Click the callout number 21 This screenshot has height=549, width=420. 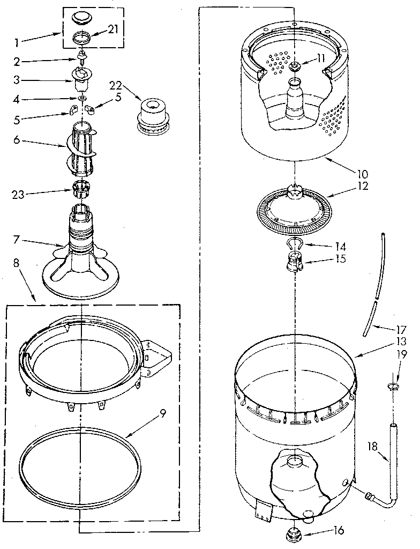112,29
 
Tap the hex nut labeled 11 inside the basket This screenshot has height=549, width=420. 295,66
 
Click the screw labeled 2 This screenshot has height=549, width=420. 82,55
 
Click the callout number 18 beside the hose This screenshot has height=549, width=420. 374,446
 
